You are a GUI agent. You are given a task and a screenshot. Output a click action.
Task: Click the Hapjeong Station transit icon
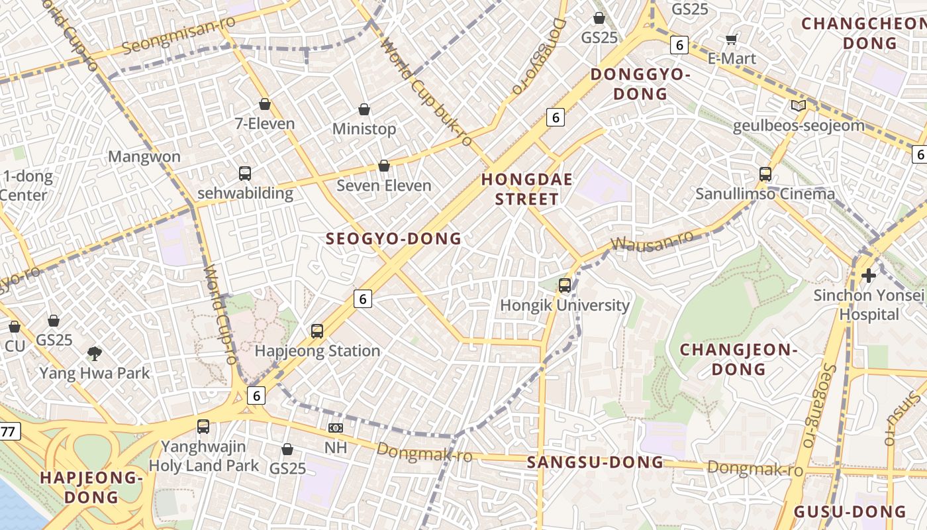(317, 331)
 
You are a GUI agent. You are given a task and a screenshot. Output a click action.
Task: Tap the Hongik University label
(565, 305)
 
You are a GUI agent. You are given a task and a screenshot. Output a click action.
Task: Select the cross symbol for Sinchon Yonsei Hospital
(869, 275)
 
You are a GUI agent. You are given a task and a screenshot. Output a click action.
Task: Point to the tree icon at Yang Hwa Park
(95, 354)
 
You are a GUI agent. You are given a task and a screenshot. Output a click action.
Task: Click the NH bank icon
(336, 428)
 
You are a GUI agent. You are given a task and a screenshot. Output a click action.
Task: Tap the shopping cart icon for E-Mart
(732, 39)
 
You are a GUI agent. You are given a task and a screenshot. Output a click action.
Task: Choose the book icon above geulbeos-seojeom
(798, 105)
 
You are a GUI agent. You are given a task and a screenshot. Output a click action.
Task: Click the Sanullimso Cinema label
(765, 194)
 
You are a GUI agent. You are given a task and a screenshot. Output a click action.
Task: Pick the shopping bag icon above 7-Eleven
(265, 104)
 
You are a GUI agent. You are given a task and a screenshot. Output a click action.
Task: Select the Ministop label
(364, 129)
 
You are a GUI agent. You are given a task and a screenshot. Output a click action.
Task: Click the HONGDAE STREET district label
(527, 189)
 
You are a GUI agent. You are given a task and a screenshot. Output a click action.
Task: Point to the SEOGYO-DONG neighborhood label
(393, 239)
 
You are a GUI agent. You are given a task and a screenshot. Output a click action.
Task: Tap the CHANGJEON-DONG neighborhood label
(739, 359)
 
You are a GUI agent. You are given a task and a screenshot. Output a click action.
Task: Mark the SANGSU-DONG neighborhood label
(595, 462)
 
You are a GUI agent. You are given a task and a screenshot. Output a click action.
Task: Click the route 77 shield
(8, 432)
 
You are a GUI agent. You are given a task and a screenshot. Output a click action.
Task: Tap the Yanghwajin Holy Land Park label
(204, 456)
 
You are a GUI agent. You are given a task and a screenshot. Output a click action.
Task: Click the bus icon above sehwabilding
(245, 174)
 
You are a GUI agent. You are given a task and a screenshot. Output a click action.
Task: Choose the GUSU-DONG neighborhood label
(850, 511)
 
